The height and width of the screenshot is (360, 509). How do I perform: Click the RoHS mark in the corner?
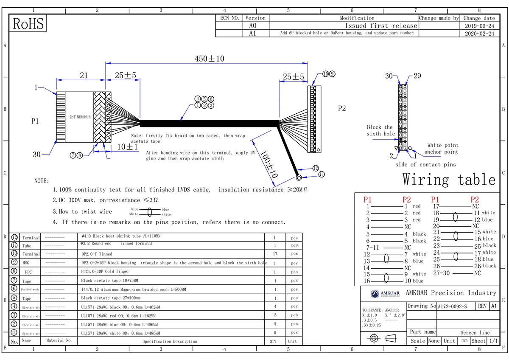click(28, 24)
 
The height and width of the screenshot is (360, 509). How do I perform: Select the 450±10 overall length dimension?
click(209, 59)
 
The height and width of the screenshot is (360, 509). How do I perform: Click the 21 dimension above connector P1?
click(84, 75)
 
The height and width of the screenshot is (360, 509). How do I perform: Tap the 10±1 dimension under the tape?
click(127, 147)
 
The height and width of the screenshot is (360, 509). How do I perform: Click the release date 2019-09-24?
click(479, 26)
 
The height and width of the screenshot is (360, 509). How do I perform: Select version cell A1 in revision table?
click(252, 33)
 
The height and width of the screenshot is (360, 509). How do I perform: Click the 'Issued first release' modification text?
click(380, 26)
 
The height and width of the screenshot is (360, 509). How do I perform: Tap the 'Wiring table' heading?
click(448, 180)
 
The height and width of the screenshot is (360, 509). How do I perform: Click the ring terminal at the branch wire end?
click(299, 178)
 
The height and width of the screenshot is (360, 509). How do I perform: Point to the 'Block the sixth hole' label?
click(380, 130)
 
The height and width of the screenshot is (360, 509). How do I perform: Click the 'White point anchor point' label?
click(442, 149)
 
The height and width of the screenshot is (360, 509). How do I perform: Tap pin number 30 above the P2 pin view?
click(389, 76)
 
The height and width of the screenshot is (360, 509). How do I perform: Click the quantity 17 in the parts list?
click(274, 254)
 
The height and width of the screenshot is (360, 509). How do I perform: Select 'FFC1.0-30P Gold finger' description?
click(105, 272)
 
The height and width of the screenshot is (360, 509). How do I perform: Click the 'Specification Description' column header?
click(170, 341)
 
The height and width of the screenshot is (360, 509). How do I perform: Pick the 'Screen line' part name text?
click(475, 333)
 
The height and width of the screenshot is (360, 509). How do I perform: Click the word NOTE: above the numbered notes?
click(42, 181)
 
